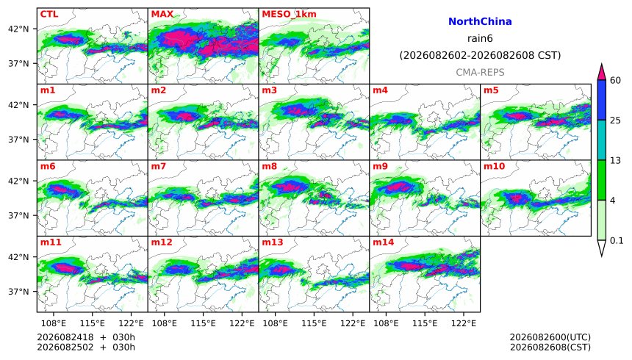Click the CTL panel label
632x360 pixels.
click(49, 14)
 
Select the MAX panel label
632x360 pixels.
click(162, 14)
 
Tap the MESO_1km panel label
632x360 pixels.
click(289, 14)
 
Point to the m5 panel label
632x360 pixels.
click(491, 90)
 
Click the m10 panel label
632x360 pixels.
click(494, 167)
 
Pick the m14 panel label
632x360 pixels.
click(383, 242)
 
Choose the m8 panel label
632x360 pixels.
click(269, 167)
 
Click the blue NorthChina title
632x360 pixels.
click(480, 22)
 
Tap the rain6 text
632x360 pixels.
click(480, 38)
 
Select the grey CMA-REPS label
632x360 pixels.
click(480, 72)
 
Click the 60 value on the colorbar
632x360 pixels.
click(615, 81)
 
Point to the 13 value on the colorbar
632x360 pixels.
click(615, 161)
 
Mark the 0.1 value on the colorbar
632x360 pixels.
click(617, 241)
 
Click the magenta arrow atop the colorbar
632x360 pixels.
click(601, 73)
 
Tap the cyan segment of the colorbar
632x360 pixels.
click(601, 140)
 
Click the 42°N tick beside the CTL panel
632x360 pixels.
click(18, 29)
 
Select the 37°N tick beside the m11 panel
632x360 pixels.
click(18, 292)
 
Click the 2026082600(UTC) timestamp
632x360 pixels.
click(550, 337)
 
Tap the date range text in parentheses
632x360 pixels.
click(480, 55)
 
